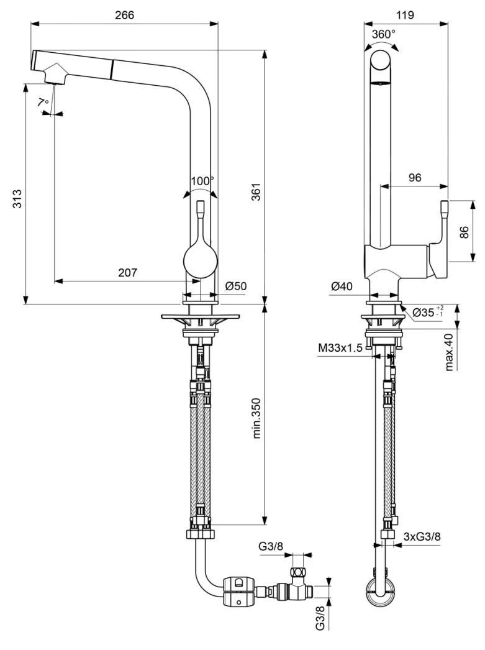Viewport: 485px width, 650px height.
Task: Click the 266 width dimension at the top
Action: click(124, 15)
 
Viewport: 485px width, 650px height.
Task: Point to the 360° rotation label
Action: click(383, 35)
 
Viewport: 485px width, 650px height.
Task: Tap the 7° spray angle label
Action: click(42, 102)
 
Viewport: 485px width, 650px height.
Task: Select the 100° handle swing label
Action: click(202, 181)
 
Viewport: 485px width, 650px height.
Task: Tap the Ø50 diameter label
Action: click(237, 286)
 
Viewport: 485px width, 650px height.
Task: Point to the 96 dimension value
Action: click(415, 177)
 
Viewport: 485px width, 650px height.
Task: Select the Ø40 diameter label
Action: click(342, 286)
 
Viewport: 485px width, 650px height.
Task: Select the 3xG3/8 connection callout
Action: click(422, 536)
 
